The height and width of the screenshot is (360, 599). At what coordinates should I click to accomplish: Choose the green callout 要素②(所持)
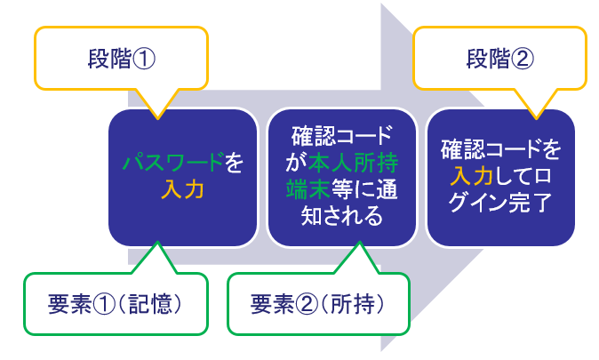click(318, 304)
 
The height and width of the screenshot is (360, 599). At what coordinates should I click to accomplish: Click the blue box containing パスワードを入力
click(182, 178)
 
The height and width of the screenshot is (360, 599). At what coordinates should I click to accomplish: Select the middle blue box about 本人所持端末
click(342, 178)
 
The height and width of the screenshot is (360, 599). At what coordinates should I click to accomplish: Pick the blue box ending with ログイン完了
click(499, 178)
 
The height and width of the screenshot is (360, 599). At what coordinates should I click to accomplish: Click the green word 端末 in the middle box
click(305, 189)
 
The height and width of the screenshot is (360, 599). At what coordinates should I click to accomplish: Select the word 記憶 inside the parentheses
click(155, 304)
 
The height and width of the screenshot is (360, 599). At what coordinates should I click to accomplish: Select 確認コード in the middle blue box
click(342, 138)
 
